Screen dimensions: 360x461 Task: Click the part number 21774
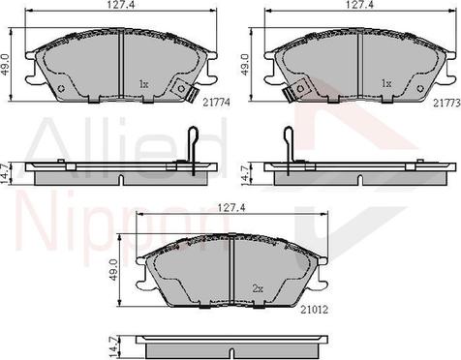[215, 102]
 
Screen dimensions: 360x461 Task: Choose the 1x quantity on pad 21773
[386, 84]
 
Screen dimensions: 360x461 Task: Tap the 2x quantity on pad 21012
[259, 287]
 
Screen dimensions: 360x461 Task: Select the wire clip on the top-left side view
[192, 154]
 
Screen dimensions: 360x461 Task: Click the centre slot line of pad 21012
[234, 270]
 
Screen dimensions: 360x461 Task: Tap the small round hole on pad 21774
[63, 90]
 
